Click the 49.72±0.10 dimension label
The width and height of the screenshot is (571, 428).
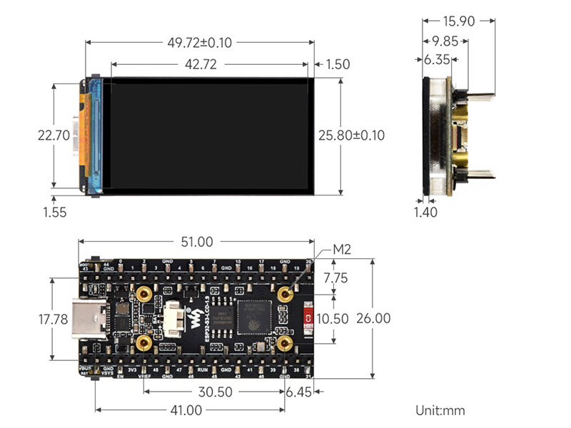coord(199,43)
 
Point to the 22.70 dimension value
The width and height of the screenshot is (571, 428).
coord(53,135)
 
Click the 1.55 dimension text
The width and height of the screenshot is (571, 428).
coord(55,212)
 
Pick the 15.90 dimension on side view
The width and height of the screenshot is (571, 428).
coord(458,21)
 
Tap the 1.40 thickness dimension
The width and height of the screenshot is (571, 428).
coord(425,212)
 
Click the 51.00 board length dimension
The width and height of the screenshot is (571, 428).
coord(196,243)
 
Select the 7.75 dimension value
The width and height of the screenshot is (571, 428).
coord(335,277)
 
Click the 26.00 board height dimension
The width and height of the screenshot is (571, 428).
coord(373,318)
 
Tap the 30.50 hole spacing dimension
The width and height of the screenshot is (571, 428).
coord(214,392)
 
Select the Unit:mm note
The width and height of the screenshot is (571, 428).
coord(440,410)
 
